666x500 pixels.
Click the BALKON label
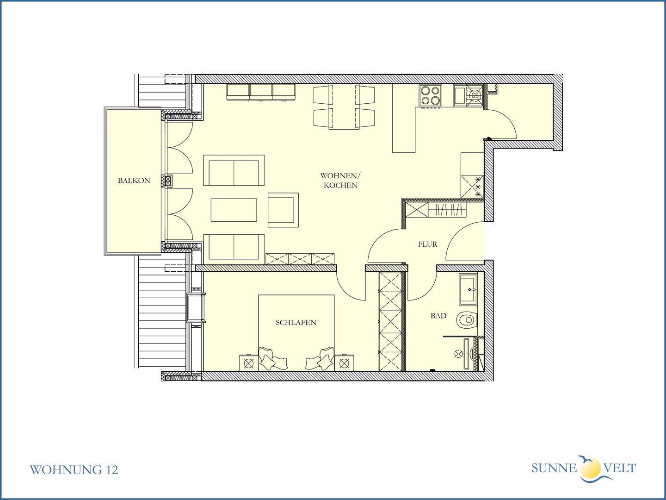(x=134, y=181)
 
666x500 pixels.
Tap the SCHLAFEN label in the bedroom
(x=296, y=322)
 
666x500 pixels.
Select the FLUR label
(x=427, y=244)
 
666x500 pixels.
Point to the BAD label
(x=438, y=316)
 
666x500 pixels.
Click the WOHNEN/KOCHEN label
(x=340, y=181)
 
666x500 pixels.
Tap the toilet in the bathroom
(x=467, y=320)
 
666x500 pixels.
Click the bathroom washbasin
(x=468, y=290)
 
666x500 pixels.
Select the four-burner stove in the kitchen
(x=430, y=96)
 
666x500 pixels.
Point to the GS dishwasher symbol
(x=475, y=96)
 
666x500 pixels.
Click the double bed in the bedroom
(x=296, y=333)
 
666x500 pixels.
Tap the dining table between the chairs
(x=344, y=106)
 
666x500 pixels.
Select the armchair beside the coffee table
(x=283, y=210)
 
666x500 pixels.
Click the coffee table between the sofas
(x=234, y=210)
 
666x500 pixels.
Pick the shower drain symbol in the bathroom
(x=458, y=354)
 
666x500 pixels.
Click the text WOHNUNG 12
(x=74, y=470)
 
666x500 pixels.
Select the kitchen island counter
(x=404, y=118)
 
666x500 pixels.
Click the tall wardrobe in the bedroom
(x=391, y=321)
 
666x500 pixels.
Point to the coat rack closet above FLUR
(x=435, y=210)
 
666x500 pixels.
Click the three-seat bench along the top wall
(x=261, y=92)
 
